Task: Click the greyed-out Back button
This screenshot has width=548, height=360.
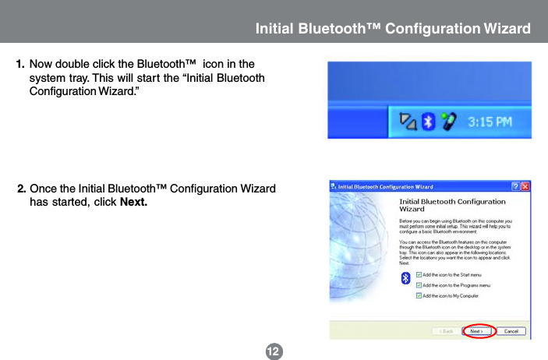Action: [447, 331]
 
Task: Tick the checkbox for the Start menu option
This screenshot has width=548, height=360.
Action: [419, 274]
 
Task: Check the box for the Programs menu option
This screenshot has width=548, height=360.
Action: [419, 285]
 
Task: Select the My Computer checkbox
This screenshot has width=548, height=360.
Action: [419, 296]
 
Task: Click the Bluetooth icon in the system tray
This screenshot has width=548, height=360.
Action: [428, 121]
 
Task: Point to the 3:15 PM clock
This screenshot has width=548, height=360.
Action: [490, 122]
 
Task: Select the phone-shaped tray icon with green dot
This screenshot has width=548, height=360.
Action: [447, 121]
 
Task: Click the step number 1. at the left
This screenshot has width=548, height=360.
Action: [21, 63]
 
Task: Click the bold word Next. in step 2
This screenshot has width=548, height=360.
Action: [133, 203]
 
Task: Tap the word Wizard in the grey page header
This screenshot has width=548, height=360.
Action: [507, 29]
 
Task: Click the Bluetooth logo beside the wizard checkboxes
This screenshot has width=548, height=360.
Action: [405, 278]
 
